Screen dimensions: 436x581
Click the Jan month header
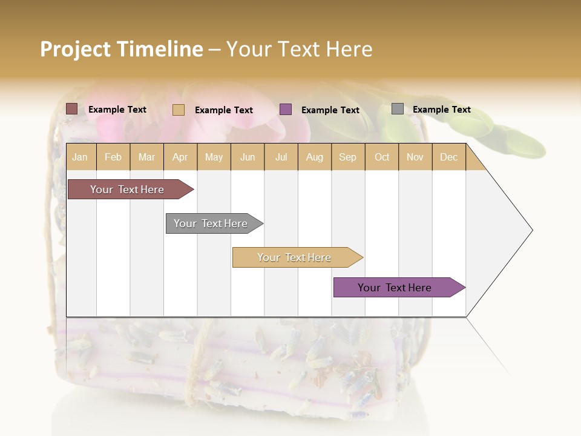[x=80, y=157]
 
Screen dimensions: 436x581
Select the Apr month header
[x=180, y=157]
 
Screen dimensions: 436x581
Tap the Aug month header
[x=315, y=157]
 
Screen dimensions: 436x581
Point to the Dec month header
[x=448, y=157]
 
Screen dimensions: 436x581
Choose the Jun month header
[x=248, y=157]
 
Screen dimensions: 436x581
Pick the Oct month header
[x=382, y=157]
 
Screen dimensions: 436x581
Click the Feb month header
[x=113, y=157]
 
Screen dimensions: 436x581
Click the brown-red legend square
[x=72, y=109]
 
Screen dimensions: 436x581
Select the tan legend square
[x=179, y=110]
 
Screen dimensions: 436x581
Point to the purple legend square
[x=286, y=110]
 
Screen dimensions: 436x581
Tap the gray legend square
[x=398, y=109]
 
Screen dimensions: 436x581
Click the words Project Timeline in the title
[x=122, y=49]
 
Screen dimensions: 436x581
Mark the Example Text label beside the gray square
[x=442, y=110]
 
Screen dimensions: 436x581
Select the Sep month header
[x=348, y=157]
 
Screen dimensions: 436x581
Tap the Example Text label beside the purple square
[x=330, y=110]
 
